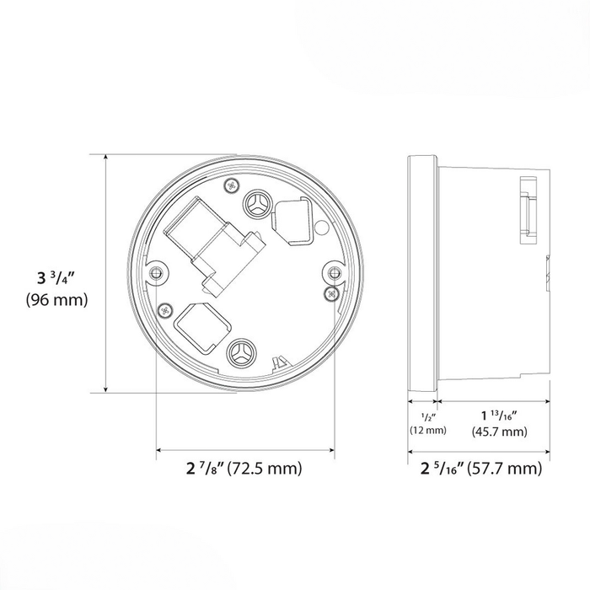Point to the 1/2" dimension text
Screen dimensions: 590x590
(x=426, y=415)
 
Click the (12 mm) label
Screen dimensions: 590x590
(x=427, y=430)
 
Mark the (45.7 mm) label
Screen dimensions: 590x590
(x=497, y=432)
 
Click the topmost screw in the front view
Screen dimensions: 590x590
(x=233, y=184)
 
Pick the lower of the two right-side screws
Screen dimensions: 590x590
(x=331, y=292)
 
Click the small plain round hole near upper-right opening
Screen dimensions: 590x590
(x=320, y=227)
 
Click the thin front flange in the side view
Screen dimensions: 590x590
(x=421, y=274)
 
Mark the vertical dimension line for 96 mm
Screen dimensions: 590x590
(x=105, y=273)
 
